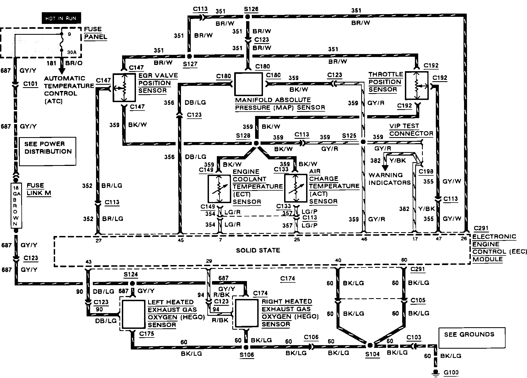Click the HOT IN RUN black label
point(61,18)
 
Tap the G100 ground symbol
point(436,373)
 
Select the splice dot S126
point(247,17)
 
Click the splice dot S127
point(189,56)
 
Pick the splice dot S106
point(246,347)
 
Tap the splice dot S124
point(132,283)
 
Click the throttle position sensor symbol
point(417,86)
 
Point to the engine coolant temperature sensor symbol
point(219,189)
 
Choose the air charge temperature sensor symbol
point(296,188)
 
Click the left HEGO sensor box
point(133,314)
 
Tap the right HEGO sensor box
point(246,313)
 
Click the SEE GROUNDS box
point(472,338)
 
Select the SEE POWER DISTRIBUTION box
point(47,151)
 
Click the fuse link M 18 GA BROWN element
point(16,206)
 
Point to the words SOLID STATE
point(258,250)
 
